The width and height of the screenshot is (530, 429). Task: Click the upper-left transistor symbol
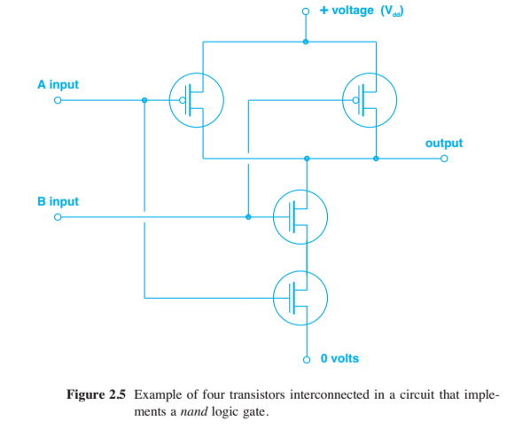(x=196, y=101)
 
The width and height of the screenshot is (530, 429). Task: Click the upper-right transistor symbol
(x=369, y=101)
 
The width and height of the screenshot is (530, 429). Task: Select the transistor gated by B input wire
(x=300, y=216)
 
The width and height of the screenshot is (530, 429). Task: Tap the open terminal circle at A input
(x=58, y=101)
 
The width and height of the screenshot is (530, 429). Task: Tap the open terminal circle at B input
(x=58, y=216)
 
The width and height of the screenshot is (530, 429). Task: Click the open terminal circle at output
(x=445, y=160)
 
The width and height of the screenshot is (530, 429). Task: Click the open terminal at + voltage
(x=307, y=12)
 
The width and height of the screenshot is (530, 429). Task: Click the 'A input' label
(x=58, y=85)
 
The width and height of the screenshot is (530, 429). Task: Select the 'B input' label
(x=58, y=201)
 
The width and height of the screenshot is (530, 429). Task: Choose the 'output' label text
(x=443, y=143)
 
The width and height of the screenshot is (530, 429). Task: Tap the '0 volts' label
(x=339, y=359)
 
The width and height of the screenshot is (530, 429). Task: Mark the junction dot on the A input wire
(x=144, y=101)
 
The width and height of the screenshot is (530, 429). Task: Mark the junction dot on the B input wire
(x=249, y=216)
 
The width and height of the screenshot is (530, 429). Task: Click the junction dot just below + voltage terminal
(x=307, y=42)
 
